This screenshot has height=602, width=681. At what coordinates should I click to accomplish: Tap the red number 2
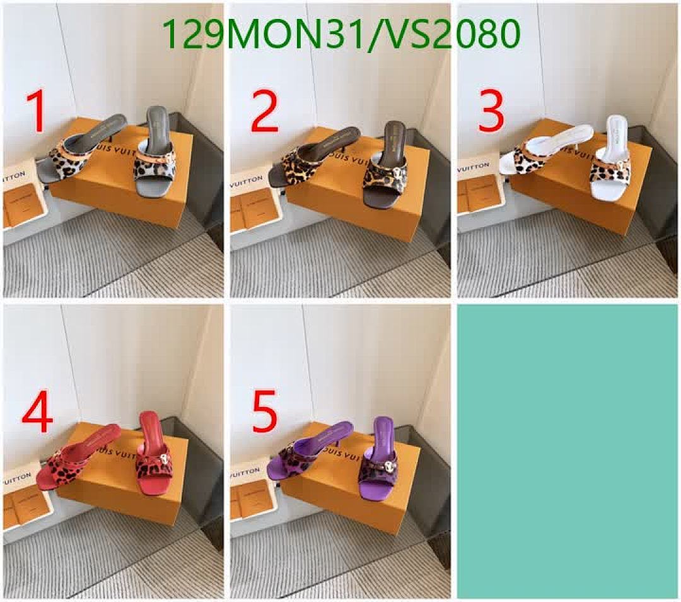click(x=264, y=112)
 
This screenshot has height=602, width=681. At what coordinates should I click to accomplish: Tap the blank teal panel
click(x=567, y=451)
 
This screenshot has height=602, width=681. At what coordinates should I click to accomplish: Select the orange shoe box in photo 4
click(x=120, y=486)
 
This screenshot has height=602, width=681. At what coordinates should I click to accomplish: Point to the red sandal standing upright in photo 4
click(x=151, y=451)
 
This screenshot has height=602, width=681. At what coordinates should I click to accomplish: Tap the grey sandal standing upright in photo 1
click(x=154, y=151)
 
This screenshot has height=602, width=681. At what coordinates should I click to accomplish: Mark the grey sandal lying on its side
click(x=76, y=151)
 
